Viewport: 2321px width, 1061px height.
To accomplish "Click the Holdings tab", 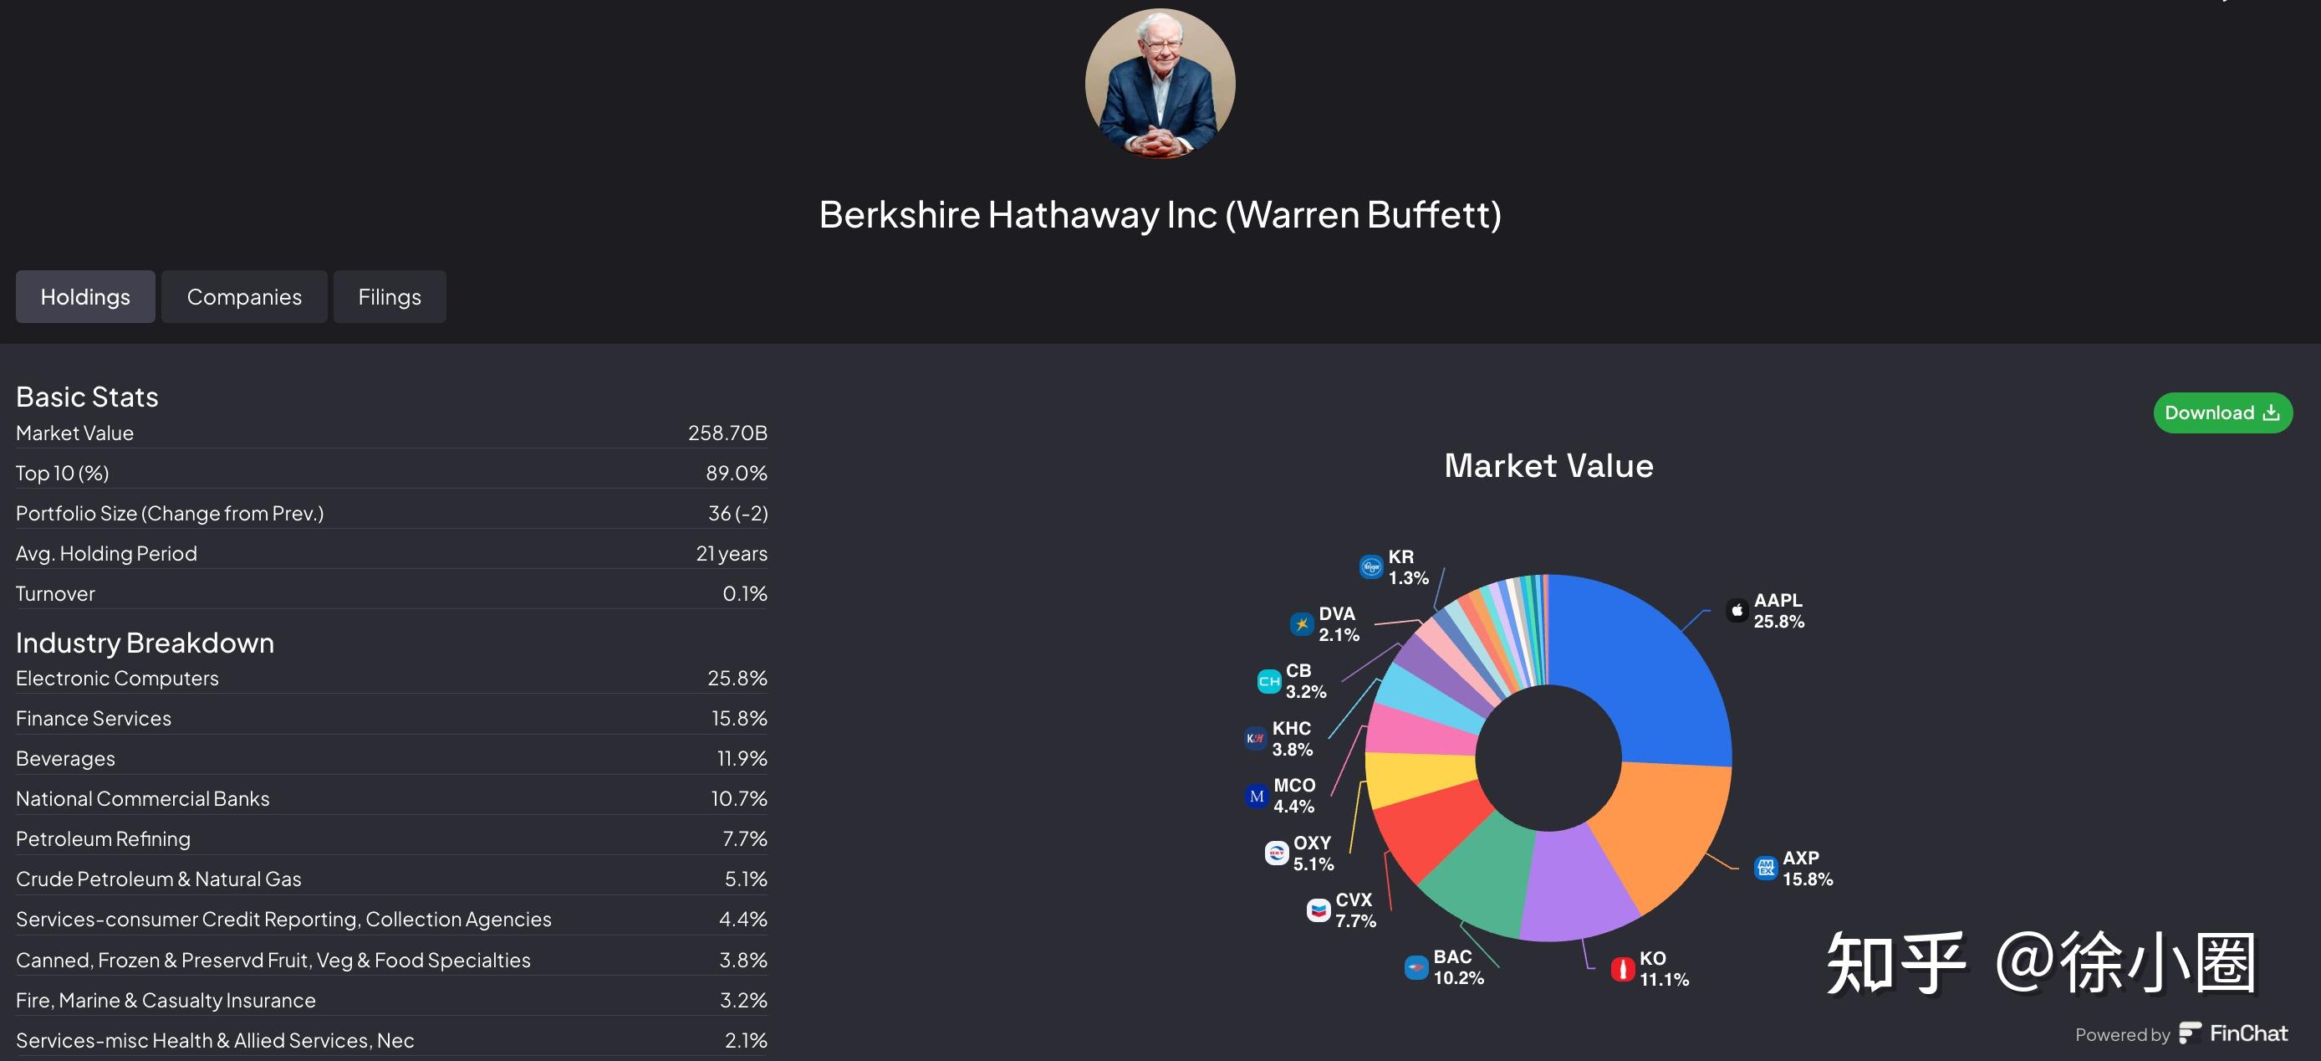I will tap(84, 296).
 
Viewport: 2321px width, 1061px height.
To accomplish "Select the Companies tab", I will tap(244, 296).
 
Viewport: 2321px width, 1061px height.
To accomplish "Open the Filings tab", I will tap(390, 296).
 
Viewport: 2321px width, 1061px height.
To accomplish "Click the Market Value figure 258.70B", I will tap(727, 433).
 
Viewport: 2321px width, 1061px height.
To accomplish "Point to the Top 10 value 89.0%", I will tap(736, 474).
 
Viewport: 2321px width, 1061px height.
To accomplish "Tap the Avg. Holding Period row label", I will tap(106, 553).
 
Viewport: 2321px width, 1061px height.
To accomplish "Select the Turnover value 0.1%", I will tap(744, 593).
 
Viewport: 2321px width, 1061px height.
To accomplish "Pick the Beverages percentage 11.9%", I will tap(742, 758).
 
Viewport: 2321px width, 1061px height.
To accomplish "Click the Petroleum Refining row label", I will tap(103, 838).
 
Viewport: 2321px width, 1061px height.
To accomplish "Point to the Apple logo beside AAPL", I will tap(1737, 610).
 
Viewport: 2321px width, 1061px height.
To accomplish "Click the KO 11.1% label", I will tap(1663, 968).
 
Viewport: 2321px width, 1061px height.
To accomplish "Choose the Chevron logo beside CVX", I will tap(1319, 910).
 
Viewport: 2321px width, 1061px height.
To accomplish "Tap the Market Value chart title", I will tap(1548, 465).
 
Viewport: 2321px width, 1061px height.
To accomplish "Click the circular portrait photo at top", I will tap(1160, 84).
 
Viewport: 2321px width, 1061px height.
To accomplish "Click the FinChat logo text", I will tap(2247, 1033).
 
